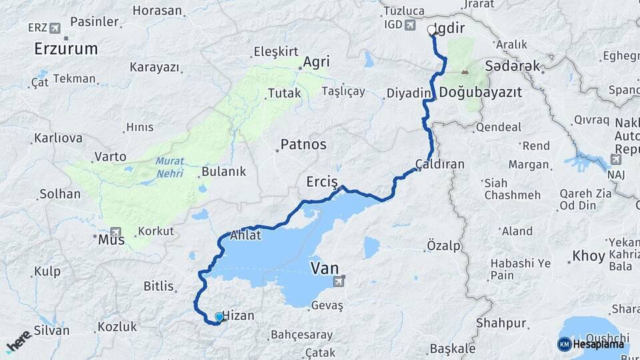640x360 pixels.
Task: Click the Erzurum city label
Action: point(66,49)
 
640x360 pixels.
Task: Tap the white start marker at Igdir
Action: point(431,30)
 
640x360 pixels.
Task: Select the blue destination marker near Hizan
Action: point(219,317)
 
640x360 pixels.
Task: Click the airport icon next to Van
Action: point(340,282)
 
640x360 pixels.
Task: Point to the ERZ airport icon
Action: point(54,28)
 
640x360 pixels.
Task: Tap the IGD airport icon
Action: point(414,25)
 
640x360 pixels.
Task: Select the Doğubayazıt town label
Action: point(481,93)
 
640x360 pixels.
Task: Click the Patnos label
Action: point(303,144)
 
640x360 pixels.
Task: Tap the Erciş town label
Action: point(323,181)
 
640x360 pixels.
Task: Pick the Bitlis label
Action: point(159,287)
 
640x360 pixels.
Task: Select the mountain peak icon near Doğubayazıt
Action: point(465,71)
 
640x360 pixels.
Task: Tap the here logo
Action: point(19,341)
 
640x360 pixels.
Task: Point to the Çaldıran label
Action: point(439,163)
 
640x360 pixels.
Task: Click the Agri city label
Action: point(316,62)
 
